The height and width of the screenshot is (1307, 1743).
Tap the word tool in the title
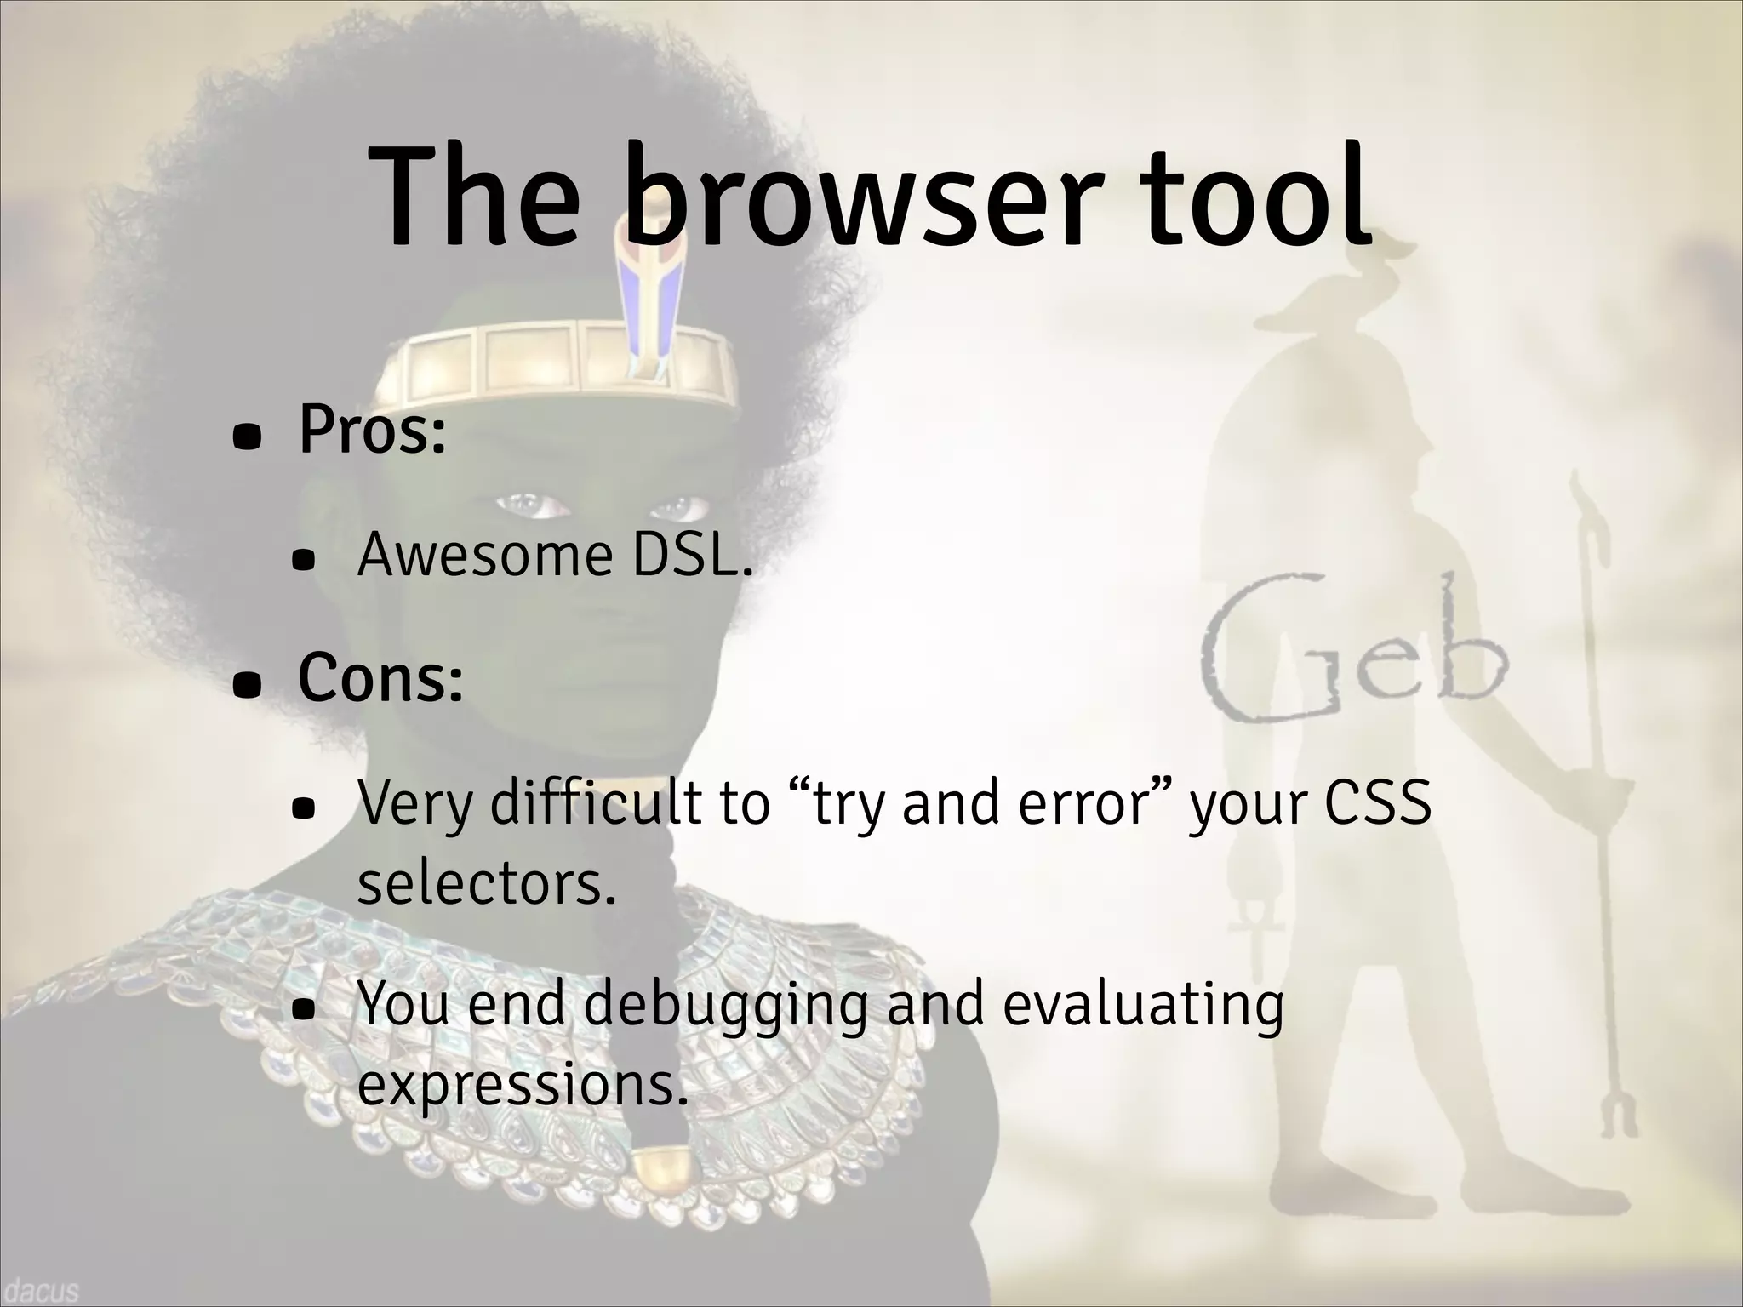1255,200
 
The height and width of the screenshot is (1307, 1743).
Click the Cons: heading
380,678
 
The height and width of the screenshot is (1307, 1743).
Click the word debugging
726,1005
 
